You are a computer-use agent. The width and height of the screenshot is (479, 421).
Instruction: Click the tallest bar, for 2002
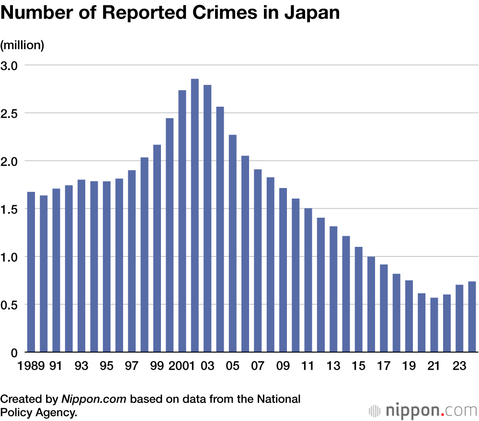pyautogui.click(x=195, y=215)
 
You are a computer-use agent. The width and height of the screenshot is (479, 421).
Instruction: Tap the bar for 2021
pyautogui.click(x=434, y=325)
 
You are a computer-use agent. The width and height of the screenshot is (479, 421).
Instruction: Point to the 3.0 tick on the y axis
pyautogui.click(x=10, y=65)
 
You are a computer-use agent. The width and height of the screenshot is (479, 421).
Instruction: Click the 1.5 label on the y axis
pyautogui.click(x=10, y=209)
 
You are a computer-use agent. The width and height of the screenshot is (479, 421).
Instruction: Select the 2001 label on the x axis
pyautogui.click(x=182, y=366)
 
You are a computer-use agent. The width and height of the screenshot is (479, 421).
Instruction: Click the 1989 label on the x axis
pyautogui.click(x=31, y=366)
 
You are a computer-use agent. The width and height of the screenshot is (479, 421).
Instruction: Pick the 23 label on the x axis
pyautogui.click(x=459, y=366)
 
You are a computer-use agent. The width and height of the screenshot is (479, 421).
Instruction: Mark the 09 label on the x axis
pyautogui.click(x=283, y=366)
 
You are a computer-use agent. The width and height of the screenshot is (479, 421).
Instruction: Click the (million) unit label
pyautogui.click(x=22, y=45)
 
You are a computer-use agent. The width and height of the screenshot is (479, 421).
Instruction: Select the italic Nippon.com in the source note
pyautogui.click(x=94, y=399)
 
